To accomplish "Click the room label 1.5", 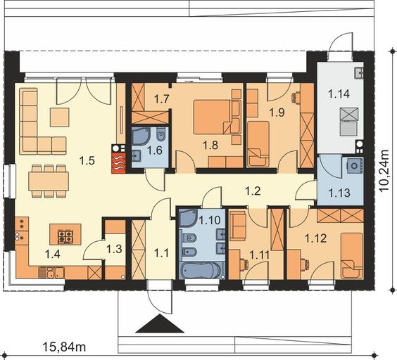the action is pyautogui.click(x=87, y=160).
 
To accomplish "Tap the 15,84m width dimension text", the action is pyautogui.click(x=64, y=347).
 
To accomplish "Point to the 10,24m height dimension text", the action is pyautogui.click(x=384, y=171).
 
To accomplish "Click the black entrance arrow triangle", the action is pyautogui.click(x=160, y=323).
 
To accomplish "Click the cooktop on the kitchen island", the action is pyautogui.click(x=65, y=236).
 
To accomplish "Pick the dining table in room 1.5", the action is pyautogui.click(x=49, y=181).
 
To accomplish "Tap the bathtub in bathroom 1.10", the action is pyautogui.click(x=201, y=270).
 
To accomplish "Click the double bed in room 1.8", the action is pyautogui.click(x=217, y=117).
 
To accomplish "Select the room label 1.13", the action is pyautogui.click(x=339, y=193).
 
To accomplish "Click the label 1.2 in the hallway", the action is pyautogui.click(x=253, y=191).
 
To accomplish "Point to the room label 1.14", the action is pyautogui.click(x=339, y=94).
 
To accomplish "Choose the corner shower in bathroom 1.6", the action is pyautogui.click(x=141, y=136).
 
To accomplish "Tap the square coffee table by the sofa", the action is pyautogui.click(x=60, y=117).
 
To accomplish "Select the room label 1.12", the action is pyautogui.click(x=315, y=238).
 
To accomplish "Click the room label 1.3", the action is pyautogui.click(x=114, y=249).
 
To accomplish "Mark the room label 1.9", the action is pyautogui.click(x=277, y=112).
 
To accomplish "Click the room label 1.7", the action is pyautogui.click(x=162, y=98).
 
